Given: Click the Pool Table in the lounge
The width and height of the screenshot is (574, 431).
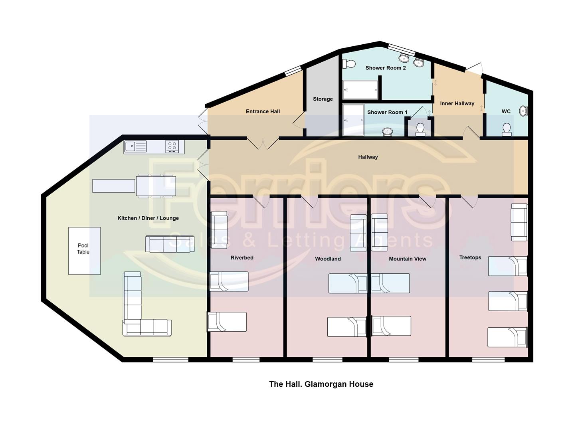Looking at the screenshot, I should point(84,251).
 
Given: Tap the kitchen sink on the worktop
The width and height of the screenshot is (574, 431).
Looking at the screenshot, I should point(135,146).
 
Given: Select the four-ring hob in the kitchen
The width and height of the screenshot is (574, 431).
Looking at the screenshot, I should point(172,146).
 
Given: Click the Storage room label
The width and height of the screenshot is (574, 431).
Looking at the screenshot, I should point(323,99).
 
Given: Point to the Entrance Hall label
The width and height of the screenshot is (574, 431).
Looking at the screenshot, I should point(263,111).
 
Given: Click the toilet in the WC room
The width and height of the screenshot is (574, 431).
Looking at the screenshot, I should point(507,129).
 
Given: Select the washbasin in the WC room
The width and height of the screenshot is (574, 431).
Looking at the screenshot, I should point(523,111).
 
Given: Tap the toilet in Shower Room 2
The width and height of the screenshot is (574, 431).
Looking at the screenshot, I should point(349,63).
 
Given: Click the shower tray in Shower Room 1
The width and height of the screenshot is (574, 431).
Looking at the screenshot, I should point(353,120).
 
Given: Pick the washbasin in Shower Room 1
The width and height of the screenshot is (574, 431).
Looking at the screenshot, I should point(387,131).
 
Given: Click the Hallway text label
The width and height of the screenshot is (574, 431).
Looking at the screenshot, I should point(368,157).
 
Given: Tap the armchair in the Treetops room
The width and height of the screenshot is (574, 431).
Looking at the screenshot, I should point(519,222).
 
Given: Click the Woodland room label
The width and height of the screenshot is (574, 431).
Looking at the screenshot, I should point(328,259).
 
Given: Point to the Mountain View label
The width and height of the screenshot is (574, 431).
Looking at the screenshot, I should point(407,259).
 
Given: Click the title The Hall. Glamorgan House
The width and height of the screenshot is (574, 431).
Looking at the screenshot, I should point(321,384).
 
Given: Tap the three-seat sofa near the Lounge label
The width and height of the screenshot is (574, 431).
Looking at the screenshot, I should point(170,244).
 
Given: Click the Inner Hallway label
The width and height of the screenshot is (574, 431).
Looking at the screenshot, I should point(457,104).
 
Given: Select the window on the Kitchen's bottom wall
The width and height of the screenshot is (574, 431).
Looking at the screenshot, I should point(170,360).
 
